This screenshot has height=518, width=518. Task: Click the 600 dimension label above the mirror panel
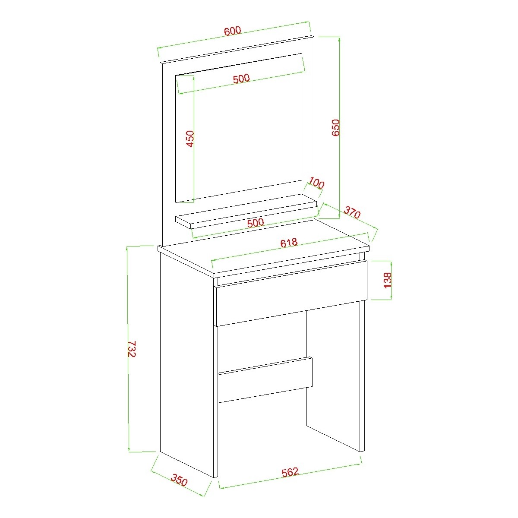(x=233, y=31)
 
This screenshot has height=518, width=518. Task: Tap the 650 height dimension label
(x=336, y=128)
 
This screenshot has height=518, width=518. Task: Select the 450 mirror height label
(x=190, y=139)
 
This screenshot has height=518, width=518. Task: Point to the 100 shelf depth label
(x=317, y=183)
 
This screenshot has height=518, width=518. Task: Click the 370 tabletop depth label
(x=352, y=212)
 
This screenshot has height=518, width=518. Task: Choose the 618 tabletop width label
(x=289, y=243)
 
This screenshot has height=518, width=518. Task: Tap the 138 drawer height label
(x=388, y=280)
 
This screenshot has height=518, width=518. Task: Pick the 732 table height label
(x=132, y=349)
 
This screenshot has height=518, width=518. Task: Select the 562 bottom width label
(x=291, y=472)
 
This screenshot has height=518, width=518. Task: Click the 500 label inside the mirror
(x=241, y=79)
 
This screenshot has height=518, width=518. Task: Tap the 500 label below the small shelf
(x=256, y=223)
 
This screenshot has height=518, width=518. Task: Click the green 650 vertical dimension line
(x=340, y=128)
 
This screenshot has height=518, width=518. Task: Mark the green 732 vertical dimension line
(x=128, y=349)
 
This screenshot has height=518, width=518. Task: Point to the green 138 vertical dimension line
(x=392, y=280)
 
